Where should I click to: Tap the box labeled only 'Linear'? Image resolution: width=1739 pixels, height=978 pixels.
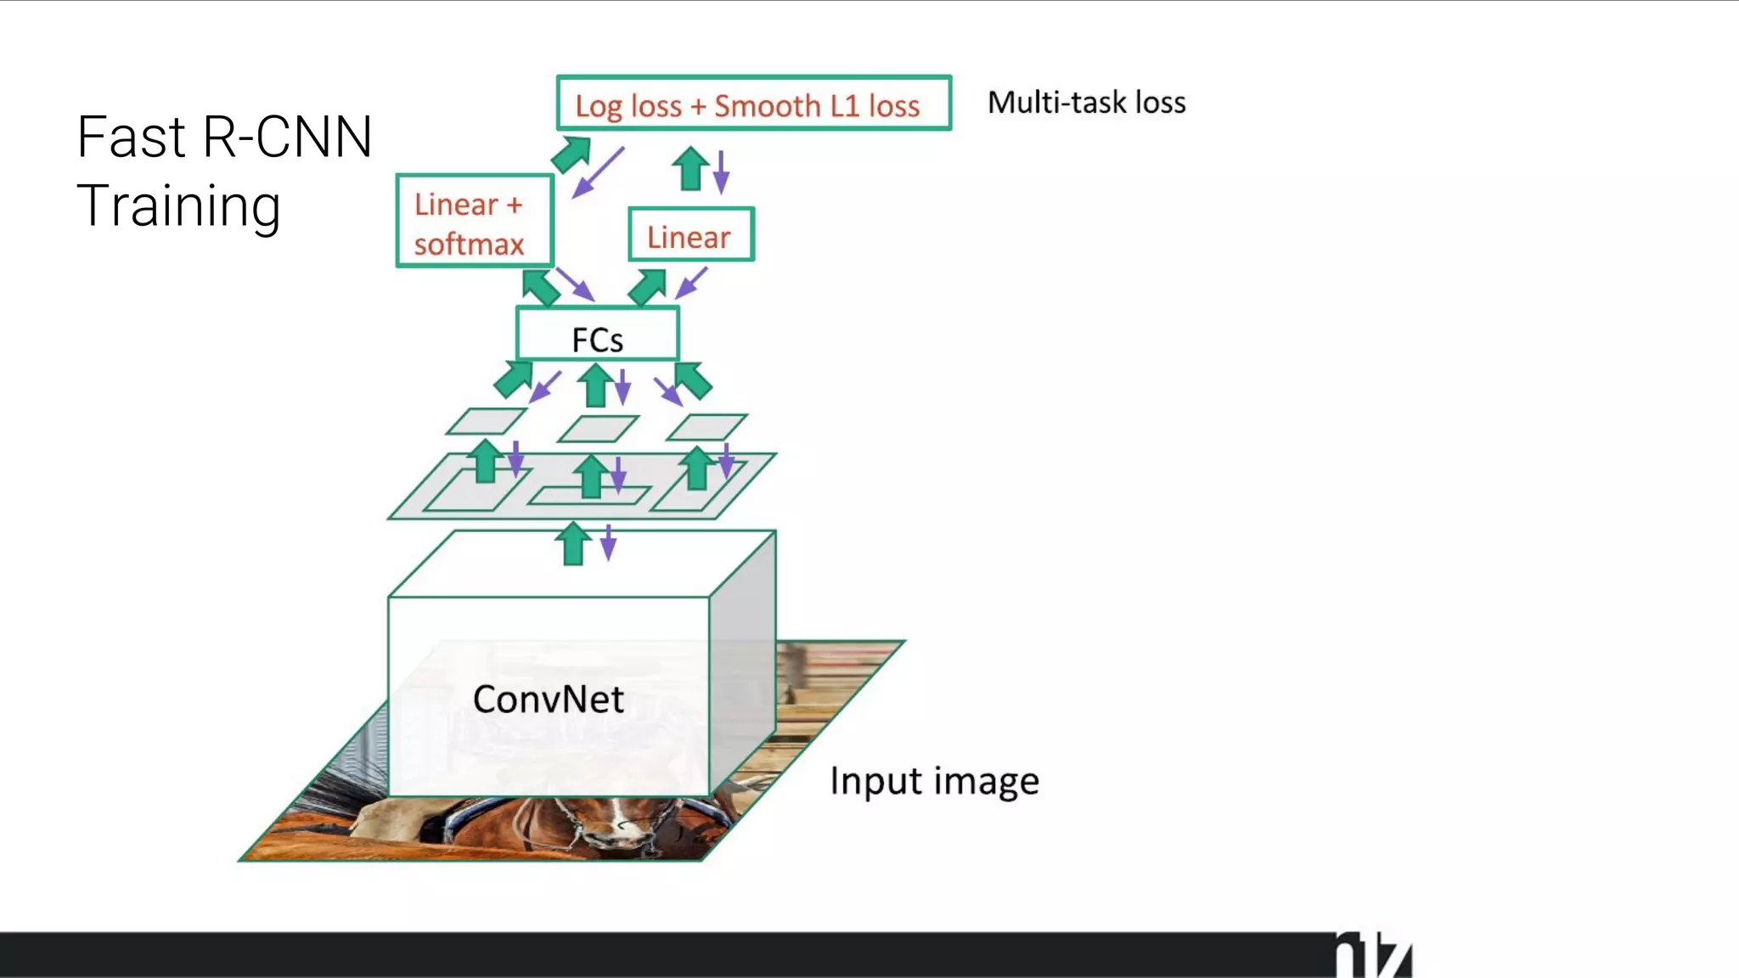690,235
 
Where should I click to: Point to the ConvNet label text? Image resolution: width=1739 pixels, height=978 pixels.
549,700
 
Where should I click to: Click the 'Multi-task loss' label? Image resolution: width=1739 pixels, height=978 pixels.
1086,103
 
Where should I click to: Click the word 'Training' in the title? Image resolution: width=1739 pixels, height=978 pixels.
179,206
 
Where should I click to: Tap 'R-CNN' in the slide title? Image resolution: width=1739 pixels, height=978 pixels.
288,138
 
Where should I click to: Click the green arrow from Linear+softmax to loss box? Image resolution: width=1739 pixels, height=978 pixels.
571,154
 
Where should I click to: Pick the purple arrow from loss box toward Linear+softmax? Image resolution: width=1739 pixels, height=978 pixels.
599,172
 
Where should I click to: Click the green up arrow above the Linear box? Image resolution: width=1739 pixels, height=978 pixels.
690,168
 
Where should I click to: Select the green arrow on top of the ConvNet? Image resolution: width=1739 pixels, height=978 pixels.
574,543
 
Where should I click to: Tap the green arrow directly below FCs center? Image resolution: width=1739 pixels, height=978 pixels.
596,385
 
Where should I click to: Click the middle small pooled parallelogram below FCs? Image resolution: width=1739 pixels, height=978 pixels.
598,429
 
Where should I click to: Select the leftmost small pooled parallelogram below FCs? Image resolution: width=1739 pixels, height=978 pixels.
486,421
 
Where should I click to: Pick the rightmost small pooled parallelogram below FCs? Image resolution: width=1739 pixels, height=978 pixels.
706,427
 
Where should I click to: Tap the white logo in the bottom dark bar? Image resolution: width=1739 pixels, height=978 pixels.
1373,956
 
